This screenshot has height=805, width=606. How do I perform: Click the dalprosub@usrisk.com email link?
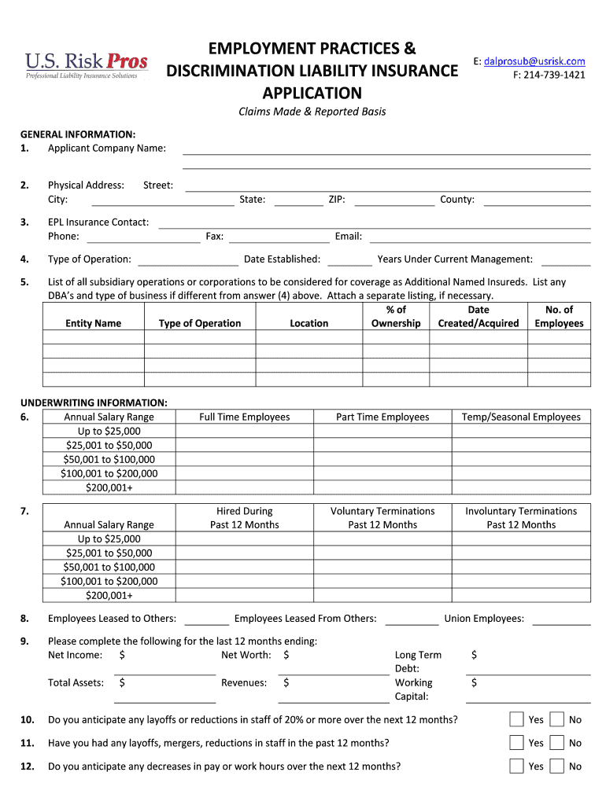pyautogui.click(x=534, y=61)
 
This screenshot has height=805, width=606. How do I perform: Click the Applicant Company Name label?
pyautogui.click(x=106, y=148)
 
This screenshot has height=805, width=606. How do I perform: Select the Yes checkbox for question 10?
pyautogui.click(x=516, y=719)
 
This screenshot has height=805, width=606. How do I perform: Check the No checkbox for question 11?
pyautogui.click(x=556, y=743)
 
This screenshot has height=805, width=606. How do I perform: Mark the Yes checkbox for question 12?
pyautogui.click(x=516, y=766)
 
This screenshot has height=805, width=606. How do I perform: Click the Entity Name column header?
pyautogui.click(x=93, y=323)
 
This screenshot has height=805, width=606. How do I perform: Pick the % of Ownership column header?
pyautogui.click(x=396, y=317)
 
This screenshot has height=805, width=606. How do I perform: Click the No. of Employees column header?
pyautogui.click(x=559, y=317)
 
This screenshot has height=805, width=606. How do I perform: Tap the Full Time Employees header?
pyautogui.click(x=244, y=417)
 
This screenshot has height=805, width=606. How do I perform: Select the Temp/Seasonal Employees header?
pyautogui.click(x=521, y=417)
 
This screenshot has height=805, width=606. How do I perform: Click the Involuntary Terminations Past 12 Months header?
pyautogui.click(x=521, y=518)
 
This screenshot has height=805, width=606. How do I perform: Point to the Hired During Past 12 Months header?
pyautogui.click(x=244, y=518)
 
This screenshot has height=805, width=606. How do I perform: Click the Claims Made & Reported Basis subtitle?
pyautogui.click(x=312, y=112)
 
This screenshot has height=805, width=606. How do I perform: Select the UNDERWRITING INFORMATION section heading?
pyautogui.click(x=94, y=402)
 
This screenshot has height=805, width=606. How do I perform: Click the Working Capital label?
pyautogui.click(x=413, y=689)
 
